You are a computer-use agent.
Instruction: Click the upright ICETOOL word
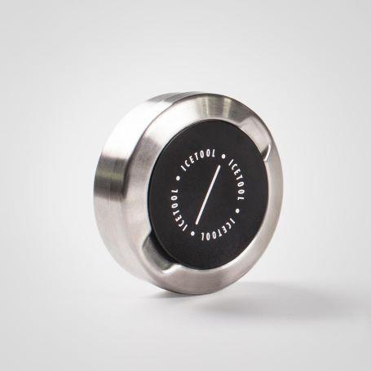tap(200, 160)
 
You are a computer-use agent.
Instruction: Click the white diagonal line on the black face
tap(207, 195)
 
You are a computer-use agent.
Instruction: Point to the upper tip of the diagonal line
tap(219, 166)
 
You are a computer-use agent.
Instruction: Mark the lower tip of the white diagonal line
tap(196, 223)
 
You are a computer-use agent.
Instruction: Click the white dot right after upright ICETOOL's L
tap(223, 157)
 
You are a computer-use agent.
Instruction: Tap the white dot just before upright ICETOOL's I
tap(179, 179)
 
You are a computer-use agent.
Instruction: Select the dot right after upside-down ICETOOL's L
tap(193, 233)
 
